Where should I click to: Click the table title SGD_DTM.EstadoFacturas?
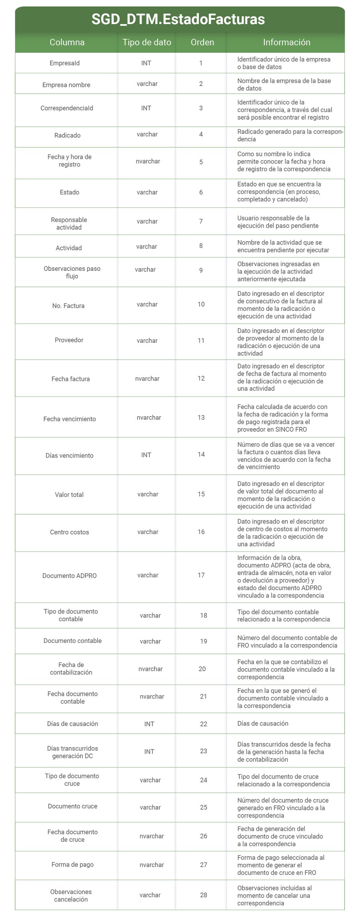(178, 19)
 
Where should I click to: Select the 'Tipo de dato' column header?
(147, 42)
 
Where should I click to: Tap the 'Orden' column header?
(202, 42)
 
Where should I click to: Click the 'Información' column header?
(286, 42)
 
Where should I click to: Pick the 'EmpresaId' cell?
(65, 63)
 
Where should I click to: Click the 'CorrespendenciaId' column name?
(67, 108)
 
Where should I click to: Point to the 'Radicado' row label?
(67, 135)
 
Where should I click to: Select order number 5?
(201, 162)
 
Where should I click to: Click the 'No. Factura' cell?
(68, 306)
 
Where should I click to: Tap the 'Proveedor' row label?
(69, 340)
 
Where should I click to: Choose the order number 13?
(201, 417)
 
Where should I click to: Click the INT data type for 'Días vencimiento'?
(146, 455)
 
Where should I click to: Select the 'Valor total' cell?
(69, 495)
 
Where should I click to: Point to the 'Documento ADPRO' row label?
(70, 576)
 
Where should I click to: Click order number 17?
(201, 575)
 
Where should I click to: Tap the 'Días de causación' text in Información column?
(263, 723)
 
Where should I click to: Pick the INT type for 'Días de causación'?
(149, 724)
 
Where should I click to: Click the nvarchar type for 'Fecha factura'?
(147, 378)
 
